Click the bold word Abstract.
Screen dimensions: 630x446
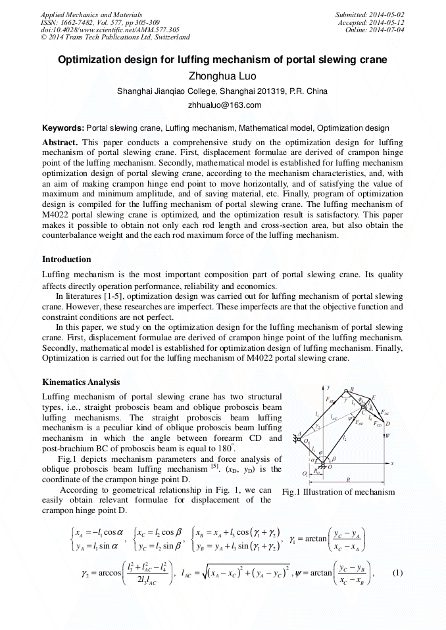pos(60,142)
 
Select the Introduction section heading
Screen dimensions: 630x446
pos(66,259)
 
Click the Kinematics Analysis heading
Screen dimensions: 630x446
pos(81,382)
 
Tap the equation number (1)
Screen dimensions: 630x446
pos(397,572)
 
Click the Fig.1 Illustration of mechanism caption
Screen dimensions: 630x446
pos(338,492)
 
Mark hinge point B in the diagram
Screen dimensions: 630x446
pos(352,389)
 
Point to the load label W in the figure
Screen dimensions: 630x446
pos(388,435)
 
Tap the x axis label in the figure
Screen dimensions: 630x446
pos(391,463)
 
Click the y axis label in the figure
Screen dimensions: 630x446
pos(328,388)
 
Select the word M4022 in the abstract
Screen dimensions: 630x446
pos(59,214)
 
